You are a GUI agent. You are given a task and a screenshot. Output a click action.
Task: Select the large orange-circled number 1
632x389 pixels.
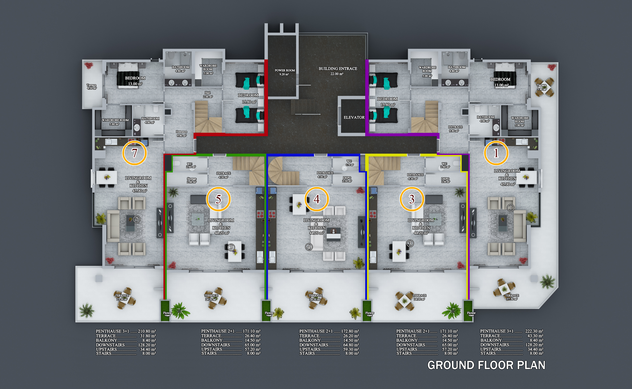pyautogui.click(x=496, y=153)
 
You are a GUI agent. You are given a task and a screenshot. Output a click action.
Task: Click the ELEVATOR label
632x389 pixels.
pyautogui.click(x=354, y=117)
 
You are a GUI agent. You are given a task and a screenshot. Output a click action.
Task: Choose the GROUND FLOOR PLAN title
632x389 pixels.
pyautogui.click(x=486, y=365)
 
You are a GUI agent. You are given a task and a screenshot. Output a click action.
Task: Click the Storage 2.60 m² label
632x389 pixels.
pyautogui.click(x=192, y=180)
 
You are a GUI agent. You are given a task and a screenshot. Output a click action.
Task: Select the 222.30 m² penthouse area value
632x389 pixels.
pyautogui.click(x=534, y=331)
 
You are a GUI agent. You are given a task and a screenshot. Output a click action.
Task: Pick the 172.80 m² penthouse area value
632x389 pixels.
pyautogui.click(x=350, y=331)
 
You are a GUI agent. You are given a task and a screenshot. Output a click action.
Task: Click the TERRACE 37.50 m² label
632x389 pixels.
pyautogui.click(x=512, y=297)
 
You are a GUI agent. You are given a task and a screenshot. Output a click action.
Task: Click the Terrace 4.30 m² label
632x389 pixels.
pyautogui.click(x=91, y=87)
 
